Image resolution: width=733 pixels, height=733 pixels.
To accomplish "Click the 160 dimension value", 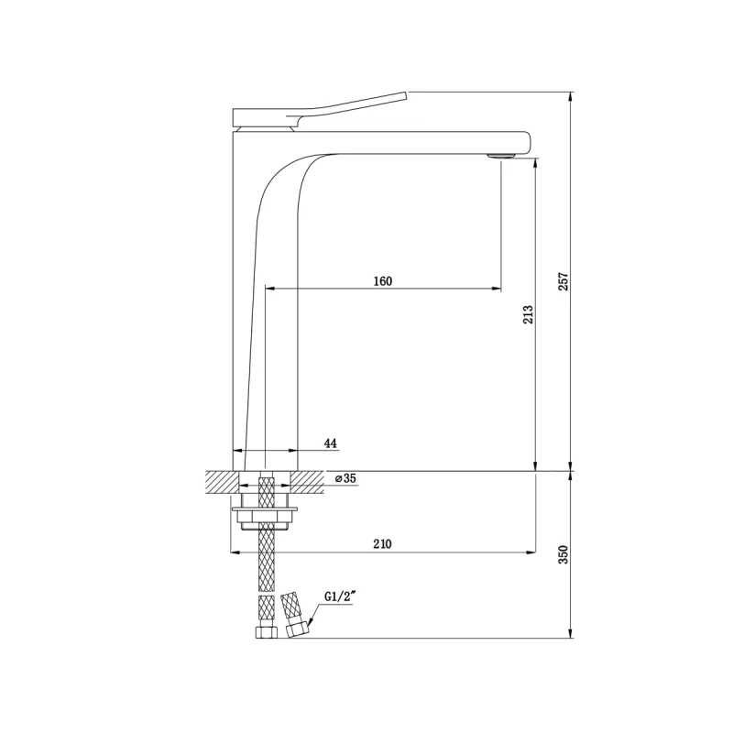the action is tap(383, 281).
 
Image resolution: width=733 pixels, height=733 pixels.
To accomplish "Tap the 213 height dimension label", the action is tap(528, 315).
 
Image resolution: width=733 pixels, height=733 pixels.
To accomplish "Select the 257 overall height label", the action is tap(563, 281).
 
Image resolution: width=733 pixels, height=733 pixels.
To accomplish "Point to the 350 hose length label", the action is tap(563, 554).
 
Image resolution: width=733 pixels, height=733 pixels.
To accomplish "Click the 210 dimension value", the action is tap(382, 544).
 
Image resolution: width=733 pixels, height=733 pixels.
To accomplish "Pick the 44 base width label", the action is tap(331, 443).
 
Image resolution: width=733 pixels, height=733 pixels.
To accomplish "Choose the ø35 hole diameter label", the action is tap(346, 478).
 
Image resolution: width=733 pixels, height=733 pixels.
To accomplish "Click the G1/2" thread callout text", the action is tap(341, 597).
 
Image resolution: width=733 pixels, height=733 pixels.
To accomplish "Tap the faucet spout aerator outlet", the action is tap(500, 156).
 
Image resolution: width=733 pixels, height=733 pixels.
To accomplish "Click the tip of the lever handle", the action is tap(406, 95).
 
